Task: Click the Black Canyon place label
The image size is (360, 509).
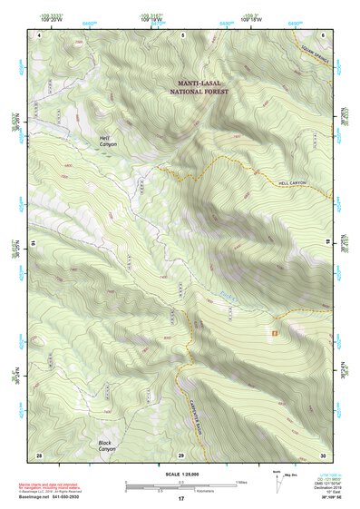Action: pyautogui.click(x=107, y=445)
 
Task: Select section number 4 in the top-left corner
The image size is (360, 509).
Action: pyautogui.click(x=39, y=34)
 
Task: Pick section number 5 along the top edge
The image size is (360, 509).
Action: pyautogui.click(x=182, y=34)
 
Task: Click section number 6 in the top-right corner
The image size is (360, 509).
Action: pyautogui.click(x=322, y=34)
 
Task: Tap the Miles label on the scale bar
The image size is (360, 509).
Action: pyautogui.click(x=241, y=481)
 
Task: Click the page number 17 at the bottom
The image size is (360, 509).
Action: pyautogui.click(x=180, y=499)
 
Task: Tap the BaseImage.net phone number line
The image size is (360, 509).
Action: pyautogui.click(x=68, y=496)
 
